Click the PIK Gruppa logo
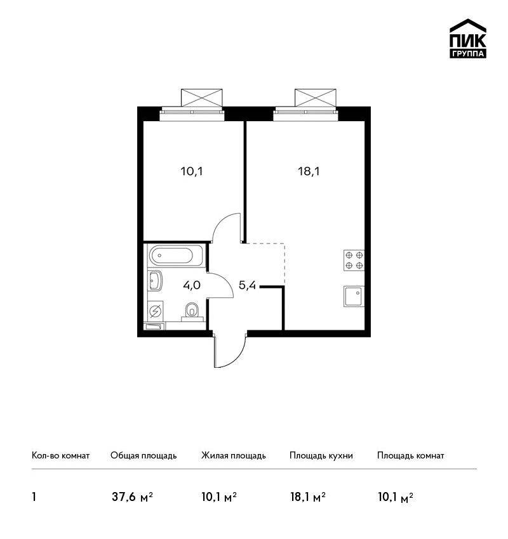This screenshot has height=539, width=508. (468, 39)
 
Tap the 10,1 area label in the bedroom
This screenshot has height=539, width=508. (192, 171)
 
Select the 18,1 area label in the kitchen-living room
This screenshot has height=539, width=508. (309, 171)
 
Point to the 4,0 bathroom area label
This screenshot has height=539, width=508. (192, 285)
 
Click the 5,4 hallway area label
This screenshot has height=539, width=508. (247, 285)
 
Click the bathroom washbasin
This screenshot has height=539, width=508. (155, 280)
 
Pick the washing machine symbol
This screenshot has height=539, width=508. (156, 311)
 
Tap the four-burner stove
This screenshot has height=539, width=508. (354, 260)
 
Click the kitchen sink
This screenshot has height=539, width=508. (354, 296)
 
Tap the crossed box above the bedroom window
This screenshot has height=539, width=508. (202, 98)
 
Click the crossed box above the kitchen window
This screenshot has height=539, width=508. (315, 98)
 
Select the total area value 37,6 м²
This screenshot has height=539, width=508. (132, 497)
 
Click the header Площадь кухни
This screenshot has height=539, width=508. (321, 455)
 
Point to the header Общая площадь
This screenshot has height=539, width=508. (144, 455)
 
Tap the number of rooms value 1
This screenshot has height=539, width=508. (34, 497)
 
